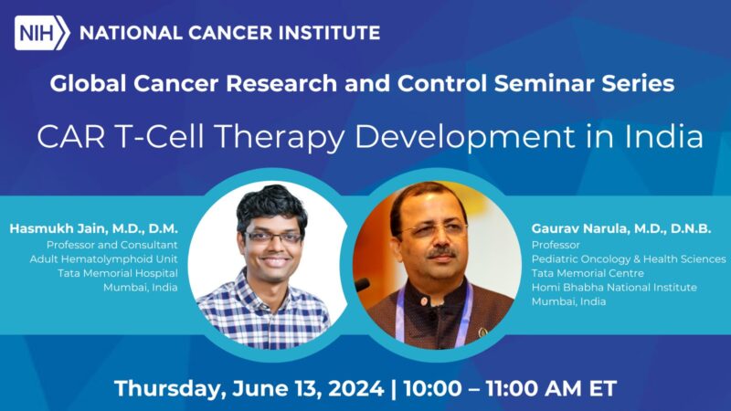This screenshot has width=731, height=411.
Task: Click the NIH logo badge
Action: coord(42,33)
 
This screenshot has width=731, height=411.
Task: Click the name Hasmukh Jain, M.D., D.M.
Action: coord(93,227)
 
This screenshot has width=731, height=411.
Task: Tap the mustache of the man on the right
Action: coord(440,251)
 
